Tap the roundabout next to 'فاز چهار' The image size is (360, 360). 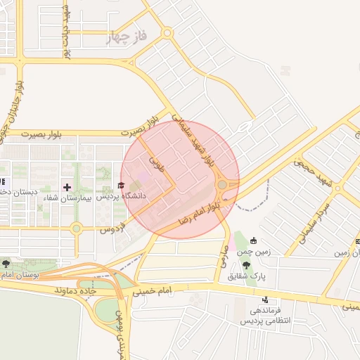pos(167,32)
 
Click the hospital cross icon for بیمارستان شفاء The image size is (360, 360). pos(67,187)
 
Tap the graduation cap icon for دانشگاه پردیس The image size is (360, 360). pos(120,186)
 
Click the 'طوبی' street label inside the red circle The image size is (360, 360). pos(157,165)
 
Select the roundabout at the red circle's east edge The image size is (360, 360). pos(223,185)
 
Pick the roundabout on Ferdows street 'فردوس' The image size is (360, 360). pos(77,228)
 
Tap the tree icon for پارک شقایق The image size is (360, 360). pos(245,265)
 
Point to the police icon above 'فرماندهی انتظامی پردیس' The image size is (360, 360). pos(265,300)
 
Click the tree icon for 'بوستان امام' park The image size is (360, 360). pos(6,264)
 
